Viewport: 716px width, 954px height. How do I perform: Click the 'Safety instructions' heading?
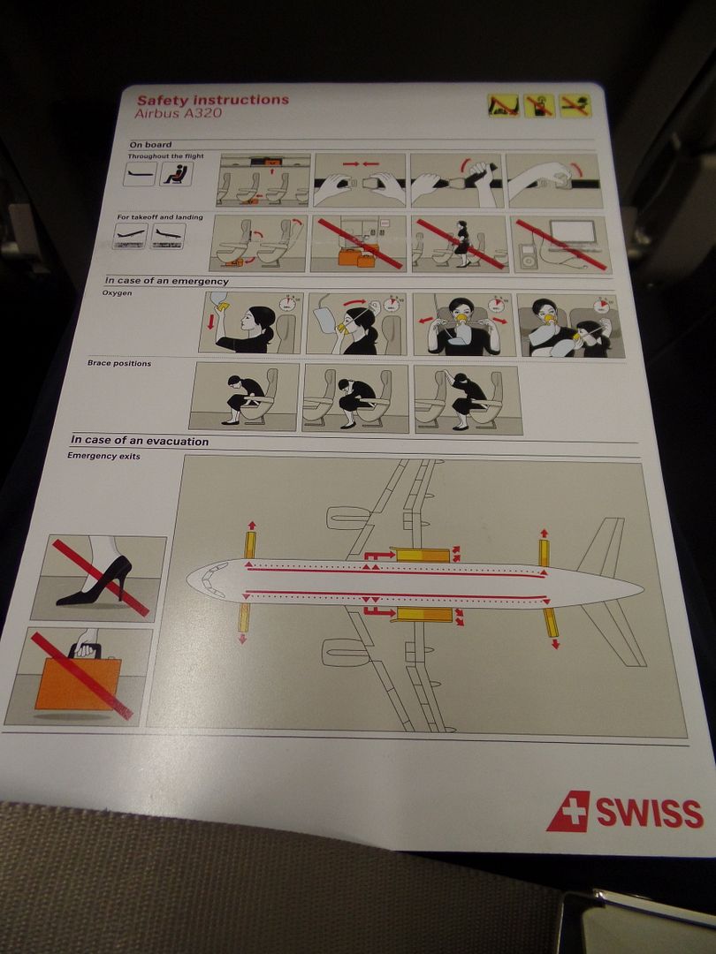(x=212, y=100)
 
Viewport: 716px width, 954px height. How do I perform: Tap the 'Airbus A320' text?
(x=178, y=113)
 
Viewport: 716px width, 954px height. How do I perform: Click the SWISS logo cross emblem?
(x=568, y=812)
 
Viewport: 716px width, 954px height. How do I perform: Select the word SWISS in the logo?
(x=650, y=813)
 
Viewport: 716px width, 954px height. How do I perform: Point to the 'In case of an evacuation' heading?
(x=140, y=441)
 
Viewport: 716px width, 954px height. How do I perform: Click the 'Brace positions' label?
(x=118, y=363)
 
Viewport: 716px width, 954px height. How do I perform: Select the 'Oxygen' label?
(x=117, y=293)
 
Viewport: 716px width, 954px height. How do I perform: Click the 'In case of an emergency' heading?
(x=166, y=281)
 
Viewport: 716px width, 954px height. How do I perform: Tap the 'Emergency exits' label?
(x=103, y=456)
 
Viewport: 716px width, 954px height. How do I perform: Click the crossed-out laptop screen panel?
(x=560, y=245)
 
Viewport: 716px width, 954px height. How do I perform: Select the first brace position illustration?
(x=244, y=397)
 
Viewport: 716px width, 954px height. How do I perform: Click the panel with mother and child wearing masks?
(x=570, y=325)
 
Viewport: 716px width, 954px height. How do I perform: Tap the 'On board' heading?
(x=150, y=145)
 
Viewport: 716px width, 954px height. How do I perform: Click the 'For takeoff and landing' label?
(x=160, y=217)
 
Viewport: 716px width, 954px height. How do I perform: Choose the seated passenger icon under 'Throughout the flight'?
(x=176, y=174)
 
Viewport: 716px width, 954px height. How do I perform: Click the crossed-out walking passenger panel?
(x=460, y=244)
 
